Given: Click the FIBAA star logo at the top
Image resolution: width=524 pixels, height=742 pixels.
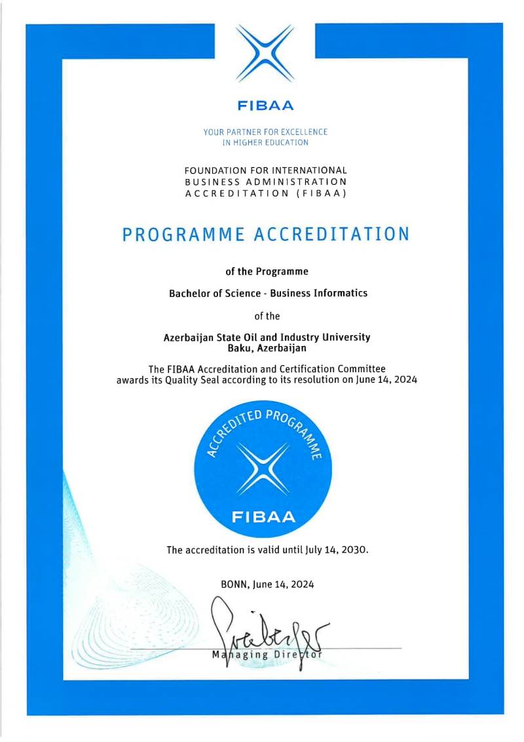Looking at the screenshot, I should tap(265, 53).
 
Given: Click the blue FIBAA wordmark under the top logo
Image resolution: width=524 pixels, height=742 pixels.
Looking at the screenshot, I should tap(265, 105).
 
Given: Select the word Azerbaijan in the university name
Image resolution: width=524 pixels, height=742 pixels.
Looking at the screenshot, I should tap(188, 337).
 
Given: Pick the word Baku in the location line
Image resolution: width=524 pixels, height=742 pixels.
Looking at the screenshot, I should tap(224, 348).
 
